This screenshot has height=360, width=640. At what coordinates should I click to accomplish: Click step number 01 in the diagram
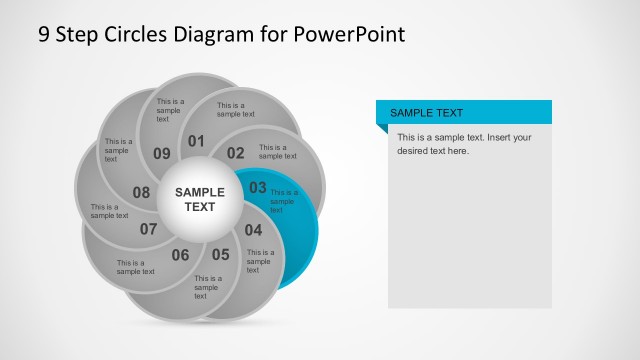[x=196, y=141]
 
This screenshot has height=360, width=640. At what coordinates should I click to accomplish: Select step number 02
[x=235, y=153]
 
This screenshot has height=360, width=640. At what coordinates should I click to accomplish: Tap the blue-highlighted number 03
[x=258, y=187]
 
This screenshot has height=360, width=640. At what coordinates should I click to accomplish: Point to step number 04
[x=253, y=229]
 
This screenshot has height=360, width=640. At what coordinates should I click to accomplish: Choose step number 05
[x=220, y=254]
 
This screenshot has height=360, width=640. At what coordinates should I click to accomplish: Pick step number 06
[x=180, y=255]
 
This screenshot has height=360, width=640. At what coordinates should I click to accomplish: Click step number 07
[x=149, y=229]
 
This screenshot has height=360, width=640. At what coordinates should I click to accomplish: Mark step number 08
[x=141, y=192]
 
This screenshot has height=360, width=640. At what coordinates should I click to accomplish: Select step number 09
[x=162, y=153]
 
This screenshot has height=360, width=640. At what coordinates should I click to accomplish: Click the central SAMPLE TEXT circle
[x=200, y=199]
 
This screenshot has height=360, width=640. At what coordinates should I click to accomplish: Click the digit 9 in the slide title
[x=44, y=35]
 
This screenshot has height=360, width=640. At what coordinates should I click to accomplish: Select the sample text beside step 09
[x=169, y=110]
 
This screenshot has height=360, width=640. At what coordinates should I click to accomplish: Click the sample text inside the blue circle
[x=284, y=201]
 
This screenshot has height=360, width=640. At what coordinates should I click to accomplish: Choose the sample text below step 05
[x=208, y=287]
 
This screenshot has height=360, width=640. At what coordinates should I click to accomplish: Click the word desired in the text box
[x=416, y=151]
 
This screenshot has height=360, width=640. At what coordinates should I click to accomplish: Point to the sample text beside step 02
[x=278, y=151]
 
